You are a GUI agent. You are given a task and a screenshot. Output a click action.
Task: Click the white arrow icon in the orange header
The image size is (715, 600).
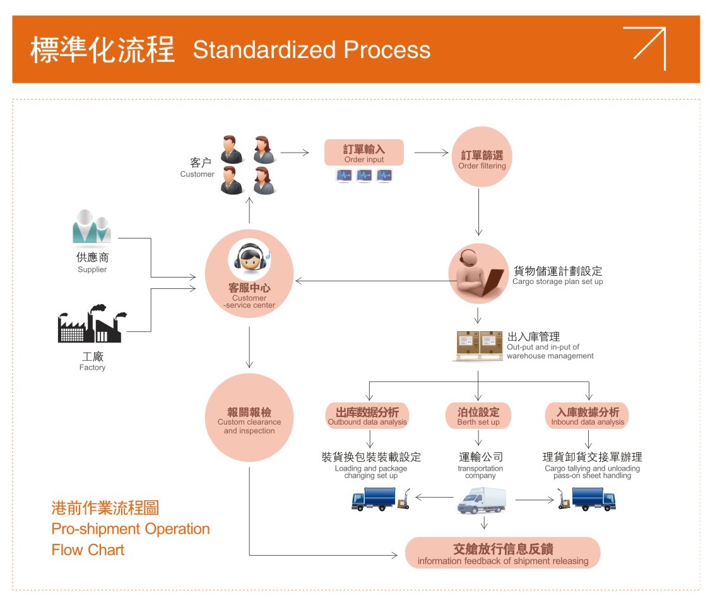644,48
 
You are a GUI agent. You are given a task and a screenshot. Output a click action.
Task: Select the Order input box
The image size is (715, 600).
364,153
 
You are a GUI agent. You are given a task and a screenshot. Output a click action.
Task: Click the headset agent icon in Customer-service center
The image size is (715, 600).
249,259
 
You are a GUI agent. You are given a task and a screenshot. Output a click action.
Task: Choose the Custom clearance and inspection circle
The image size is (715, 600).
249,417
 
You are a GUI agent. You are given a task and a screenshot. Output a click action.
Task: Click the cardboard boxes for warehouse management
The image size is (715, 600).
478,346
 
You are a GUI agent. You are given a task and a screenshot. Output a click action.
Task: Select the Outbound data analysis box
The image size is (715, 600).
367,416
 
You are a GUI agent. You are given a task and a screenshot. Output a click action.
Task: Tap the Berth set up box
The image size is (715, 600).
478,416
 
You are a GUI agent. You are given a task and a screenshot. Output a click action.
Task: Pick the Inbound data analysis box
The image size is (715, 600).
587,416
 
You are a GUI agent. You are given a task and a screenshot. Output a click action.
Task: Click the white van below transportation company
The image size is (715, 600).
482,500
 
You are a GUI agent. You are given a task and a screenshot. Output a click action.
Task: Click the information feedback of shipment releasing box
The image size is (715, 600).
502,553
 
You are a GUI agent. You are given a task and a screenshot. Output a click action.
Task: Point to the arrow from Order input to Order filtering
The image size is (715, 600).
431,153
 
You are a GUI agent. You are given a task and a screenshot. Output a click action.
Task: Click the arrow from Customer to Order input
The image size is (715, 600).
295,153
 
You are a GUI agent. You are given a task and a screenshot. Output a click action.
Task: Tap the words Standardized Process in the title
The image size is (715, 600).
312,50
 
